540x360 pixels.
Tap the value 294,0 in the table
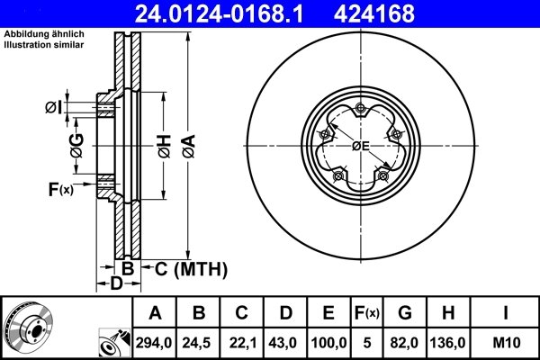point(155,341)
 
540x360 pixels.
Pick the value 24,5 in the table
point(200,341)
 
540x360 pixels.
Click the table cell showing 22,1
point(242,341)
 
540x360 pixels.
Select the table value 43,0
point(285,341)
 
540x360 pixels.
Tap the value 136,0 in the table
point(447,341)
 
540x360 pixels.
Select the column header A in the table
point(155,313)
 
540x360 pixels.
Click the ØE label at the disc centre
point(360,146)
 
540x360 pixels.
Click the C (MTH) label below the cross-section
point(190,269)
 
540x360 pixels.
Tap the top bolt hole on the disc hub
point(359,110)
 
